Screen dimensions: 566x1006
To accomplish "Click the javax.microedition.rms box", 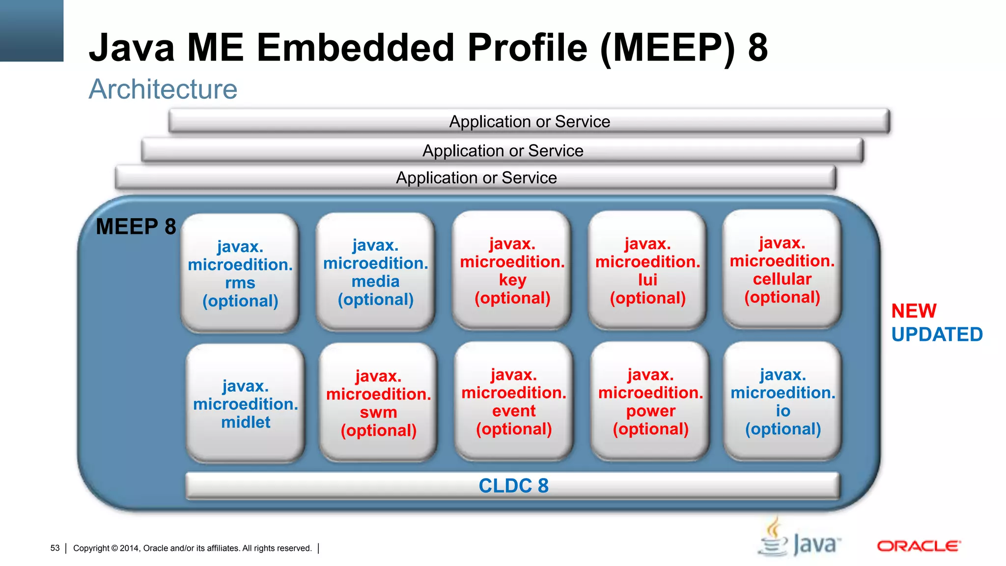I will tap(240, 273).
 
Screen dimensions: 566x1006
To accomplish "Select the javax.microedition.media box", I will tap(376, 272).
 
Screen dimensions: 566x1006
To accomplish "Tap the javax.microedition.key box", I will tap(512, 270).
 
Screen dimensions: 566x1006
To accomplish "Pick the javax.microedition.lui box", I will tap(647, 270).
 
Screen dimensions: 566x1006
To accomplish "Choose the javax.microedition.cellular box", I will tap(782, 269).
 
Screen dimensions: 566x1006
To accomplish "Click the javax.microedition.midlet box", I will tap(246, 403).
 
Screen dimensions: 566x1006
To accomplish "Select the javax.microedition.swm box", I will tap(378, 402).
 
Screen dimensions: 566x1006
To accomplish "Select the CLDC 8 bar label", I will tap(513, 485).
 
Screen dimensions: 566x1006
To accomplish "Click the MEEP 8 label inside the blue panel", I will tap(136, 226).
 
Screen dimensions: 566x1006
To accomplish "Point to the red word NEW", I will tap(914, 311).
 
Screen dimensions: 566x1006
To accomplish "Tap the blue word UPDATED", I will tap(937, 335).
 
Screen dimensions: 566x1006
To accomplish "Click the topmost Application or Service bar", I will tap(529, 121).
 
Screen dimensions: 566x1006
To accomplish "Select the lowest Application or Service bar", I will tap(476, 178).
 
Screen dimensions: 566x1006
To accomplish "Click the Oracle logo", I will tap(919, 546).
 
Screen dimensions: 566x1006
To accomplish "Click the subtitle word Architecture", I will tap(163, 89).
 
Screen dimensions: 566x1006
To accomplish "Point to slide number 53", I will tap(55, 548).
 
